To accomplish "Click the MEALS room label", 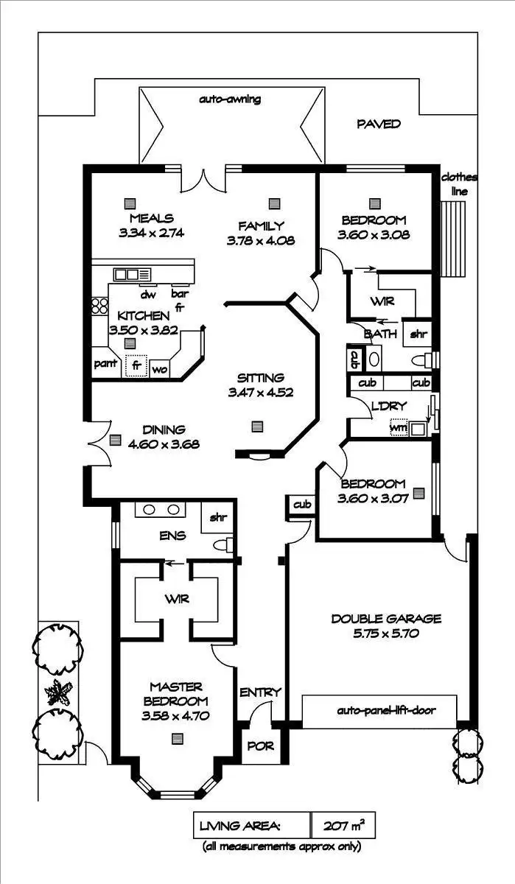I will (151, 218).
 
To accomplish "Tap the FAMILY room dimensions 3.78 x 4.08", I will (261, 239).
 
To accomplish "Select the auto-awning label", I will (230, 98).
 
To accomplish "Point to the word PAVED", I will (379, 124).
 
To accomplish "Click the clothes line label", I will (458, 184).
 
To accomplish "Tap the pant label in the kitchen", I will (104, 364).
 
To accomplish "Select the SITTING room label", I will (261, 378).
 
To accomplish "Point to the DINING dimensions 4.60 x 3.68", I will (164, 444).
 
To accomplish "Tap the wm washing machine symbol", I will (398, 427).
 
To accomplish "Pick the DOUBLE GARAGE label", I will (385, 619).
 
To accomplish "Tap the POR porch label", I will (261, 746).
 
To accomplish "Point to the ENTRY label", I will (260, 692).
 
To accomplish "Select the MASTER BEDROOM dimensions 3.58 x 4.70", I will (175, 715).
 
